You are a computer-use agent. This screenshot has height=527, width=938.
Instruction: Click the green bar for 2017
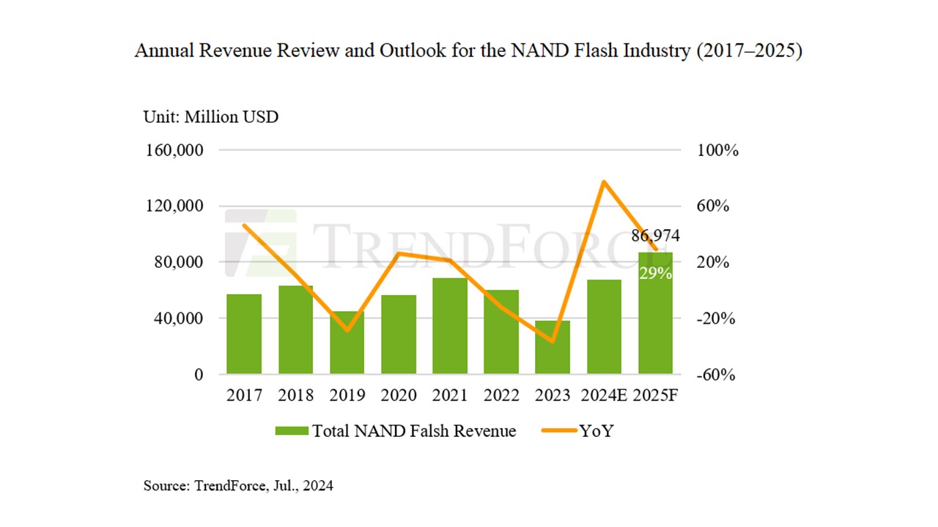pos(244,334)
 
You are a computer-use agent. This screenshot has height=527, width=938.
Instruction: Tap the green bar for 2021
pos(449,326)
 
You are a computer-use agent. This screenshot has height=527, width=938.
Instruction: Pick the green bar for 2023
pos(552,347)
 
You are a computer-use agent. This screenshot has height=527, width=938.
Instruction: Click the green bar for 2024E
pos(604,326)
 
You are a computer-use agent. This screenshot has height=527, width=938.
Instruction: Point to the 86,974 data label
pos(655,236)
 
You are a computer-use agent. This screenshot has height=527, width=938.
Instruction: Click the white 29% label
pos(655,273)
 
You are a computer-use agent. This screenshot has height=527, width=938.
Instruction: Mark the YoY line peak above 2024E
pos(603,182)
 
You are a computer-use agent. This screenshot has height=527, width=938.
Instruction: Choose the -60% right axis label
pos(714,375)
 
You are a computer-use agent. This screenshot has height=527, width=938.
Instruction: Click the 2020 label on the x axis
pos(398,396)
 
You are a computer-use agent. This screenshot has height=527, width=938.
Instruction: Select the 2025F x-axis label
pos(654,396)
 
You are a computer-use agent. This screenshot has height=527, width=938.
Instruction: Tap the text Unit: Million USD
pos(210,116)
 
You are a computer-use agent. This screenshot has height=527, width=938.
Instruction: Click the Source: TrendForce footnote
pos(237,485)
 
